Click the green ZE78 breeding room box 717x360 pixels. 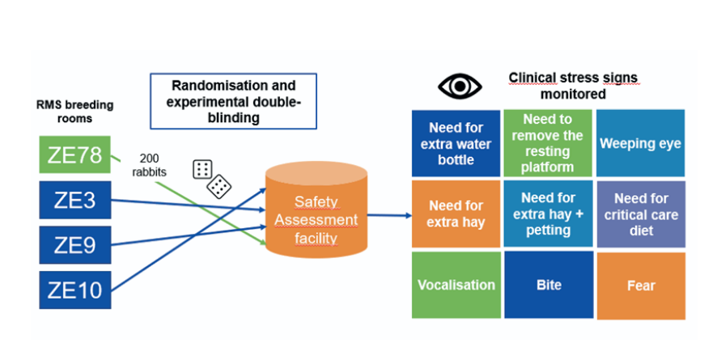[x=75, y=155]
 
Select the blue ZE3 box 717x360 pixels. [x=75, y=200]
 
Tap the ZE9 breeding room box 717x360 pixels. [x=75, y=244]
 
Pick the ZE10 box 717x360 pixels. [x=75, y=289]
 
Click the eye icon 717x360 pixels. [x=459, y=87]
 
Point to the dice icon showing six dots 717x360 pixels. [x=202, y=169]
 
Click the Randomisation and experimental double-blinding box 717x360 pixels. [x=233, y=101]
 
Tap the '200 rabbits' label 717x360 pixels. [x=154, y=163]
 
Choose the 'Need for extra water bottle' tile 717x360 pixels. [x=456, y=143]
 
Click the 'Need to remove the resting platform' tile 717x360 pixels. [x=547, y=143]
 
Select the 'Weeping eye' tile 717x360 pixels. [x=640, y=143]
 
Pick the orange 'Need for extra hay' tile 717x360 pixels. [x=456, y=214]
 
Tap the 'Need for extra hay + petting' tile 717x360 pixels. [x=547, y=214]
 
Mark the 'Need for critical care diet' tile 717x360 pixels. [x=640, y=214]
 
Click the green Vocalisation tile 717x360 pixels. [x=456, y=285]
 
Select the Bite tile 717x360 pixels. [x=547, y=285]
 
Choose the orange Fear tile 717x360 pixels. [x=640, y=286]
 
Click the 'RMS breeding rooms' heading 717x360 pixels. [x=74, y=112]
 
